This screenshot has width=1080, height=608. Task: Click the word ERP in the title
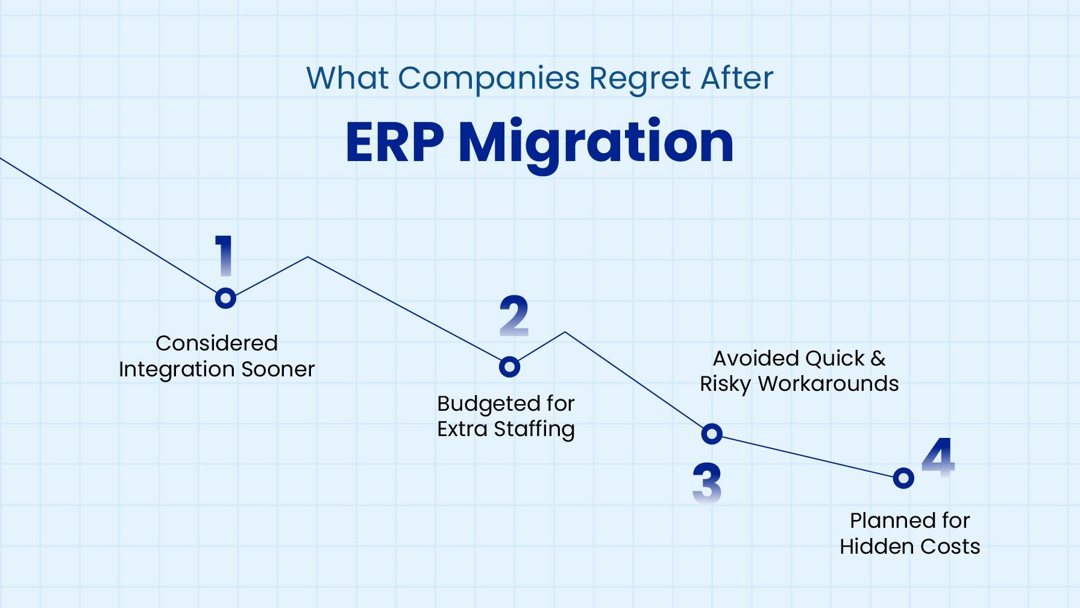(x=395, y=142)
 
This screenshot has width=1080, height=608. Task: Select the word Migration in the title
(x=596, y=144)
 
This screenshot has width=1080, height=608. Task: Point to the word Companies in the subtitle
(x=489, y=78)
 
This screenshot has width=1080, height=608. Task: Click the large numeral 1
(x=224, y=256)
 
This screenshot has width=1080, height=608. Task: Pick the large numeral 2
(x=514, y=316)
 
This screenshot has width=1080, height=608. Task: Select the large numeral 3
(x=706, y=483)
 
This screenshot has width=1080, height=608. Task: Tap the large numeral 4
(x=938, y=457)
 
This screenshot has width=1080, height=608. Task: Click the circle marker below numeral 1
(x=225, y=298)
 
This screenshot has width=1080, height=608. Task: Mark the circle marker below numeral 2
(x=509, y=367)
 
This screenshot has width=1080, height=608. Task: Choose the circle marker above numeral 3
(x=712, y=434)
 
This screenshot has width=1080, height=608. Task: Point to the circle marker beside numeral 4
(x=903, y=478)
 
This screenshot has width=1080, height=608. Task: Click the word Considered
(x=216, y=343)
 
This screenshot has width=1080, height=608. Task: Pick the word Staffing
(x=534, y=429)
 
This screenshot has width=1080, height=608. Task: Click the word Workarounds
(x=829, y=384)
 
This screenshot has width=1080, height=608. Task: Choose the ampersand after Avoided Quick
(x=878, y=358)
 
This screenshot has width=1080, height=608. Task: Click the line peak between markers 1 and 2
(x=308, y=258)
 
